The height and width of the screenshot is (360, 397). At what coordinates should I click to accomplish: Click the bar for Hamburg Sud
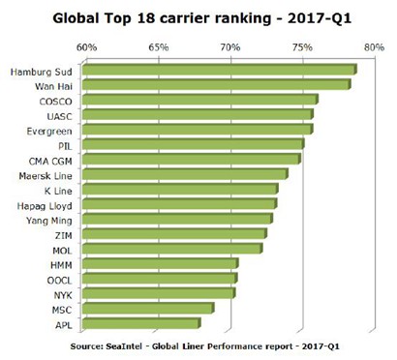click(220, 70)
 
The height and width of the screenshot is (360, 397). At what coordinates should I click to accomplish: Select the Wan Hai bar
click(216, 84)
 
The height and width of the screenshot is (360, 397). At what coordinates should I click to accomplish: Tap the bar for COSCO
click(200, 100)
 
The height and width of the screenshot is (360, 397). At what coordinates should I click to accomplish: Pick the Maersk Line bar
click(185, 174)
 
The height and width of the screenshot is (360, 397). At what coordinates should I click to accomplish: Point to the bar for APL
click(141, 323)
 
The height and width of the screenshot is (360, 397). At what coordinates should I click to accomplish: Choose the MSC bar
click(148, 309)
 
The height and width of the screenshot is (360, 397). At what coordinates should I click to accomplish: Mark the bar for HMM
click(161, 263)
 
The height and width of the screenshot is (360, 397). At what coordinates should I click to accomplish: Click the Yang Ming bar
click(177, 219)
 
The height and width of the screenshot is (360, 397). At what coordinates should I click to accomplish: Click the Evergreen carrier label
click(49, 132)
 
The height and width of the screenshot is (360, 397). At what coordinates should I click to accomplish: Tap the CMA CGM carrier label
click(50, 161)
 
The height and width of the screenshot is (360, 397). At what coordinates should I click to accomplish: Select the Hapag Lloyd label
click(45, 206)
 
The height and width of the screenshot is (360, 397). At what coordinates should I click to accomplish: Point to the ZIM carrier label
click(63, 236)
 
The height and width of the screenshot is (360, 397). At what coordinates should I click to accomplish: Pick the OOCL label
click(59, 281)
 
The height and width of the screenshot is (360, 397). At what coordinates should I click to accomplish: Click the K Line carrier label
click(58, 191)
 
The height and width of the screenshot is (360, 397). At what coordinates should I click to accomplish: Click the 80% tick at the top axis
click(374, 47)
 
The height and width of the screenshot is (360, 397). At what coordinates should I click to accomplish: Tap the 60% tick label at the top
click(86, 47)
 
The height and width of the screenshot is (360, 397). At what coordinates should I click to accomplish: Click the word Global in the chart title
click(76, 18)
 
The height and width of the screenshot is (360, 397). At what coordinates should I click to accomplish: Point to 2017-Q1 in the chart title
click(319, 18)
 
